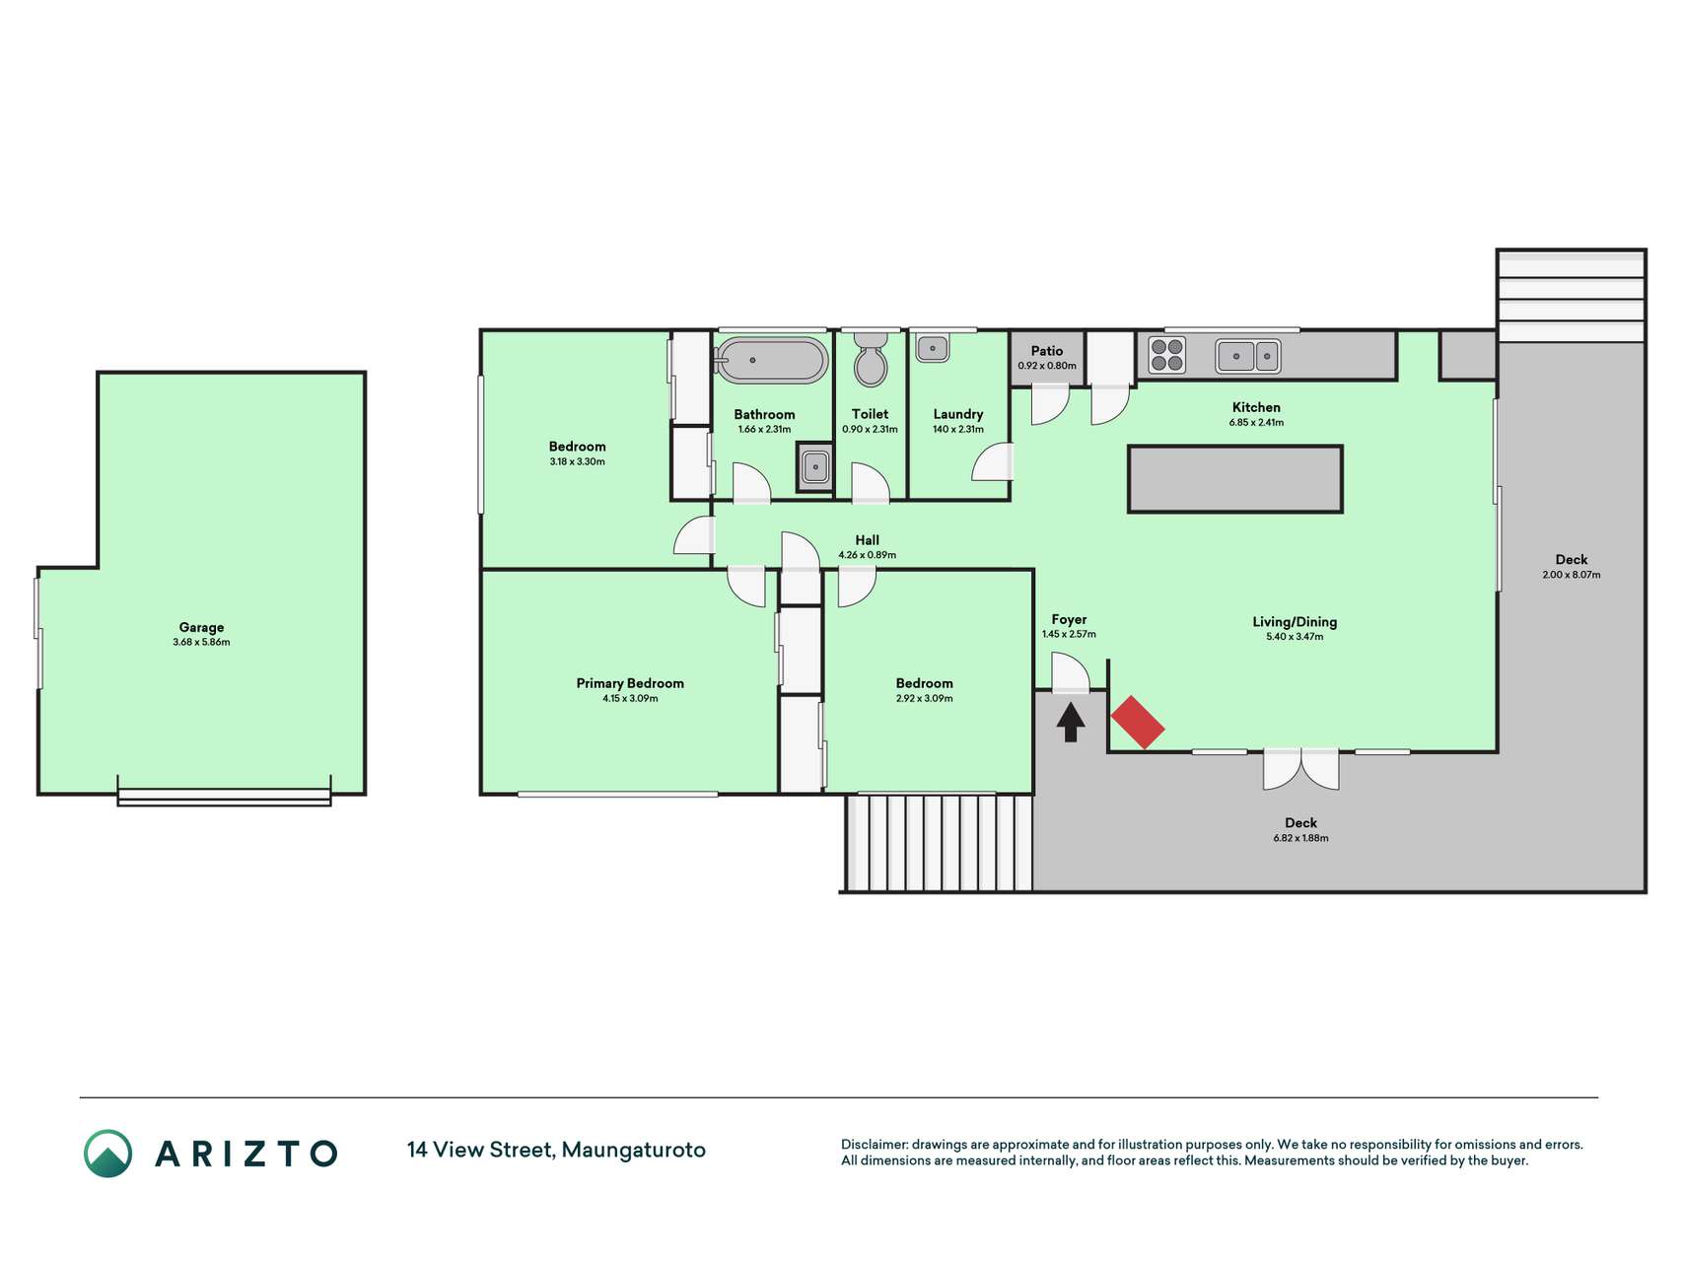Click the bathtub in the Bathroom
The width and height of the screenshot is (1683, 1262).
[771, 361]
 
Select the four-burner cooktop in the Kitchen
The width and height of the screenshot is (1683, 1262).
[1166, 355]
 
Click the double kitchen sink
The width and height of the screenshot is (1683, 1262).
[1248, 355]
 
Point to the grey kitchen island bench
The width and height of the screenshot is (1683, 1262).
[1235, 479]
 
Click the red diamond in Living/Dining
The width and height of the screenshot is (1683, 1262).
[1138, 722]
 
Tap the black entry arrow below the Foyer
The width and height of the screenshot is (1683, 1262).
[1071, 722]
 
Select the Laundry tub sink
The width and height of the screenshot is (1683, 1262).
[932, 348]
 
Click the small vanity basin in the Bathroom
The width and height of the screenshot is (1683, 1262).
[815, 466]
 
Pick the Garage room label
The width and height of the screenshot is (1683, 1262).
[201, 627]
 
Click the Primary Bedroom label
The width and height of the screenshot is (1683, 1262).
[630, 683]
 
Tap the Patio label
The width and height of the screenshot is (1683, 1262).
[1047, 351]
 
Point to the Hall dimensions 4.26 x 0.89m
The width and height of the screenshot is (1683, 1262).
[868, 555]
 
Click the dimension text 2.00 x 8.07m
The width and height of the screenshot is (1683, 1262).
[1572, 575]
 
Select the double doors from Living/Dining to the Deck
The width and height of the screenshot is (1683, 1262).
[1301, 769]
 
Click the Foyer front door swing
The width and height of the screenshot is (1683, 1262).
[1071, 675]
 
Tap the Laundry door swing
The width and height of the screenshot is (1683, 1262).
[992, 461]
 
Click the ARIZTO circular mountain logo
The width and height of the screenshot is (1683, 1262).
[107, 1153]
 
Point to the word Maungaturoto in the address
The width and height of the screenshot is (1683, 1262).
[633, 1151]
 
